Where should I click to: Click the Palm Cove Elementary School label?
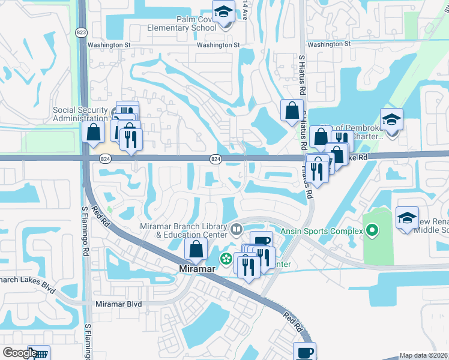[x=182, y=23]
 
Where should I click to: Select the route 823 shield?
[x=80, y=32]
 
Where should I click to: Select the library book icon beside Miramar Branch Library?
[x=237, y=228]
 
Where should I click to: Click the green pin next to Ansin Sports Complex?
[x=372, y=230]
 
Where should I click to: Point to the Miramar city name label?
[x=196, y=269]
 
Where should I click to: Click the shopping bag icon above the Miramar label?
[x=196, y=249]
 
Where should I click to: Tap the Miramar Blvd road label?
[x=119, y=304]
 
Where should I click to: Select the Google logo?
[x=19, y=353]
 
